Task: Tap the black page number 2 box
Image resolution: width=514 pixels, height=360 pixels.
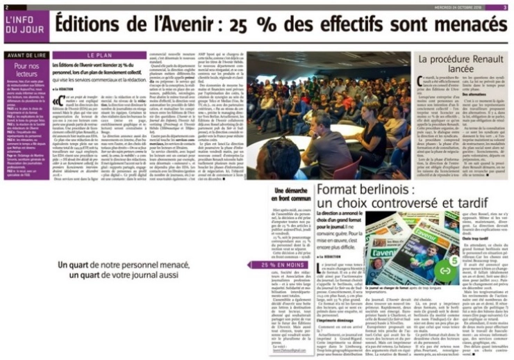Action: [x=7, y=7]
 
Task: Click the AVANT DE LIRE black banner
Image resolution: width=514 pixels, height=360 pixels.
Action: [x=26, y=55]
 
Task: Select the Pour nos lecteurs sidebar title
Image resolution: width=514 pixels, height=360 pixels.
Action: [x=26, y=69]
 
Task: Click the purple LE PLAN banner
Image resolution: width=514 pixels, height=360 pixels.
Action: [x=99, y=54]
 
